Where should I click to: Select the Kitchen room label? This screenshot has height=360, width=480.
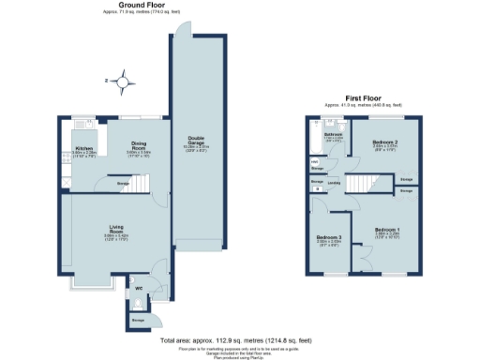pos(82,148)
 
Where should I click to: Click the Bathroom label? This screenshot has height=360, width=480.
pos(333,135)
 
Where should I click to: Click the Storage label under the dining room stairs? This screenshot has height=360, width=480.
pos(123,184)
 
